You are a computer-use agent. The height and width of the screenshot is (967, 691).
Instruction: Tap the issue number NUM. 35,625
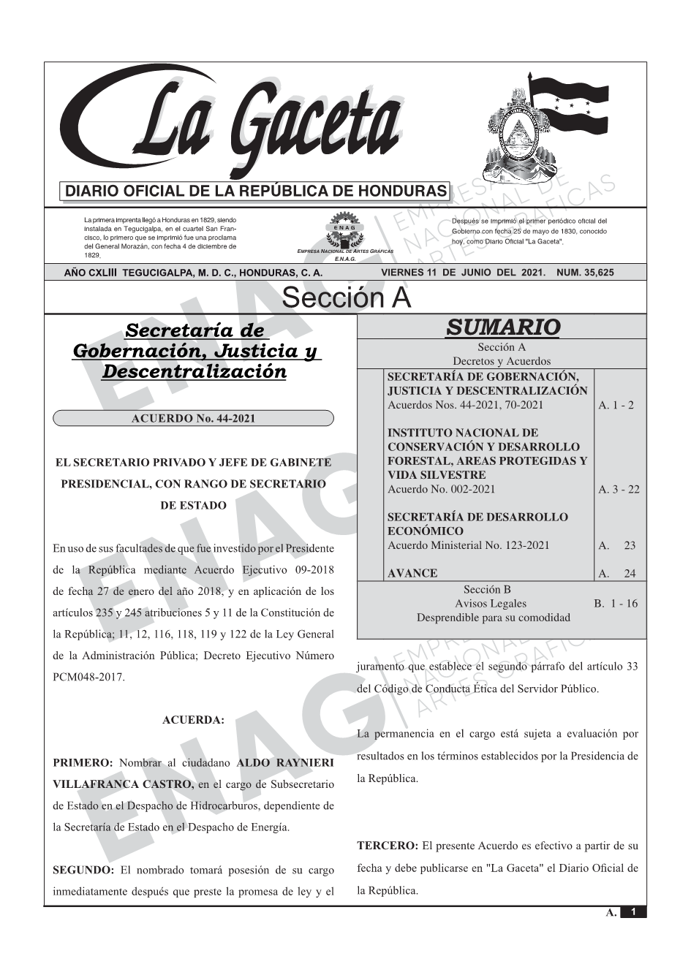[585, 273]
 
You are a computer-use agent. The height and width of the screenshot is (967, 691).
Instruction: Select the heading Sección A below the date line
[346, 298]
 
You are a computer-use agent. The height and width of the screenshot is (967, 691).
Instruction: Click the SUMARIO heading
[502, 327]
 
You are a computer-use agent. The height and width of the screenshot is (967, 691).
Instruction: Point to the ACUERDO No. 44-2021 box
[193, 418]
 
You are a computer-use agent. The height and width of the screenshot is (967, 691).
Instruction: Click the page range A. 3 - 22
[618, 489]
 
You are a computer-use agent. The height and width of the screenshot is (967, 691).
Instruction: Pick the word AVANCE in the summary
[412, 574]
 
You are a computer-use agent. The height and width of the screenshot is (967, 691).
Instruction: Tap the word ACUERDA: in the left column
[193, 720]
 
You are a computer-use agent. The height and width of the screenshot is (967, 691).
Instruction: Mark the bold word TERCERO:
[387, 846]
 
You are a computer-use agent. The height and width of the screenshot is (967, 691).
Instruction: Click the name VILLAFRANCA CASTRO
[124, 784]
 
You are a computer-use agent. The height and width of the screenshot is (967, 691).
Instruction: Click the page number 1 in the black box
[633, 911]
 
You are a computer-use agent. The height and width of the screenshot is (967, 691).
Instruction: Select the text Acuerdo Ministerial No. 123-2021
[468, 545]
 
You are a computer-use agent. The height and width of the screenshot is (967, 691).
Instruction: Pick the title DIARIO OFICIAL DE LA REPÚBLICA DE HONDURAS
[255, 191]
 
